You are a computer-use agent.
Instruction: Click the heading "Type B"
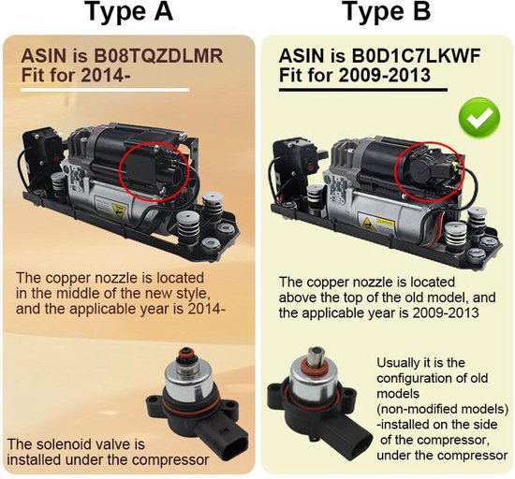tap(386, 13)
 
